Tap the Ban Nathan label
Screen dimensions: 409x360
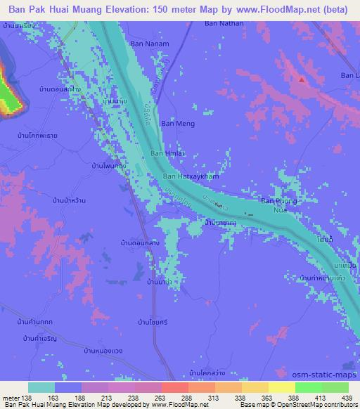[x=224, y=24]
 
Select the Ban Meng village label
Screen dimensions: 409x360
[x=177, y=124]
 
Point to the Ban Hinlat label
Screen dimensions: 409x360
[x=167, y=153]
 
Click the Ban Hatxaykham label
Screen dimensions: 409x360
[x=191, y=176]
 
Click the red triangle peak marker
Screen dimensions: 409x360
[x=302, y=79]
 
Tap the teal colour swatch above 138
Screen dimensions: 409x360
[x=41, y=387]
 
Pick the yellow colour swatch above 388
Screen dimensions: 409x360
[x=281, y=387]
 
